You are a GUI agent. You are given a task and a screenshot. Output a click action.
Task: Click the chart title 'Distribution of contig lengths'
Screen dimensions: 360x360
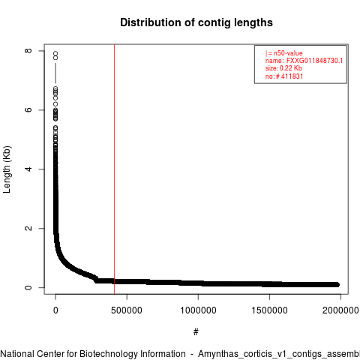pyautogui.click(x=196, y=22)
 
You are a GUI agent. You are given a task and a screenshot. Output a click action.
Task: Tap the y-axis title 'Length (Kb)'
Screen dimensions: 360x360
pyautogui.click(x=7, y=169)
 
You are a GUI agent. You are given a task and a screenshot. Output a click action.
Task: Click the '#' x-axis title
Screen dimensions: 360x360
pyautogui.click(x=196, y=332)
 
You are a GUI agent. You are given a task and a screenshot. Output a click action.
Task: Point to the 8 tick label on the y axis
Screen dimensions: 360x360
pyautogui.click(x=28, y=51)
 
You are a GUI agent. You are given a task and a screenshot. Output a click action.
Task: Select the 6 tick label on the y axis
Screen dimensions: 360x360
pyautogui.click(x=28, y=110)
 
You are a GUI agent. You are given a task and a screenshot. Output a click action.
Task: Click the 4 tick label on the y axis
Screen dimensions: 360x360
pyautogui.click(x=28, y=169)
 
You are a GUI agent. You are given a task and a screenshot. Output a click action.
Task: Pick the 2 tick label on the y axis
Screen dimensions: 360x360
pyautogui.click(x=28, y=228)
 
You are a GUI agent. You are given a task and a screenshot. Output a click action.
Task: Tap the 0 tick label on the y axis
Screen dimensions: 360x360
pyautogui.click(x=28, y=287)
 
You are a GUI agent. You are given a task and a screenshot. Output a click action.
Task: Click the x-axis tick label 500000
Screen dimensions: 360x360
pyautogui.click(x=127, y=310)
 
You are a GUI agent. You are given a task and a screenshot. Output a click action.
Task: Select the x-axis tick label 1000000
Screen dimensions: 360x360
pyautogui.click(x=198, y=310)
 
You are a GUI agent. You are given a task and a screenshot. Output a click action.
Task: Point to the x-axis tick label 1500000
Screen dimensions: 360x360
pyautogui.click(x=269, y=310)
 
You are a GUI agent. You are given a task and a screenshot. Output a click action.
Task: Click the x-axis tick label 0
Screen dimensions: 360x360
pyautogui.click(x=55, y=310)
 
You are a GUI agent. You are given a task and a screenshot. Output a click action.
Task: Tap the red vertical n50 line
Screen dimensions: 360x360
pyautogui.click(x=114, y=169)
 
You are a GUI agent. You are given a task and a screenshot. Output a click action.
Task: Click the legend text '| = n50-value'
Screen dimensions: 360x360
pyautogui.click(x=284, y=53)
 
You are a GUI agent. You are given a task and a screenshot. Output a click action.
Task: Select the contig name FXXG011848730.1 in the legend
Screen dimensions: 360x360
pyautogui.click(x=314, y=61)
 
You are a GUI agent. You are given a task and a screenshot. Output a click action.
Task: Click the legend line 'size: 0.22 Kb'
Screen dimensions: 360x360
pyautogui.click(x=283, y=68)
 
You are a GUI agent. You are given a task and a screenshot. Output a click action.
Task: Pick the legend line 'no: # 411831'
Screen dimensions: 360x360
pyautogui.click(x=284, y=76)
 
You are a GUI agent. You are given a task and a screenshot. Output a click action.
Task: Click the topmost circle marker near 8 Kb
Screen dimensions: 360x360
pyautogui.click(x=55, y=53)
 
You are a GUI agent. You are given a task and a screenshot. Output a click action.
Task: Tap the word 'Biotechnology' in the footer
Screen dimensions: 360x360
pyautogui.click(x=107, y=354)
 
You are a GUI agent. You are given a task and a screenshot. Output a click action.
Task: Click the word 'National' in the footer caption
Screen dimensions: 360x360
pyautogui.click(x=17, y=354)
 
